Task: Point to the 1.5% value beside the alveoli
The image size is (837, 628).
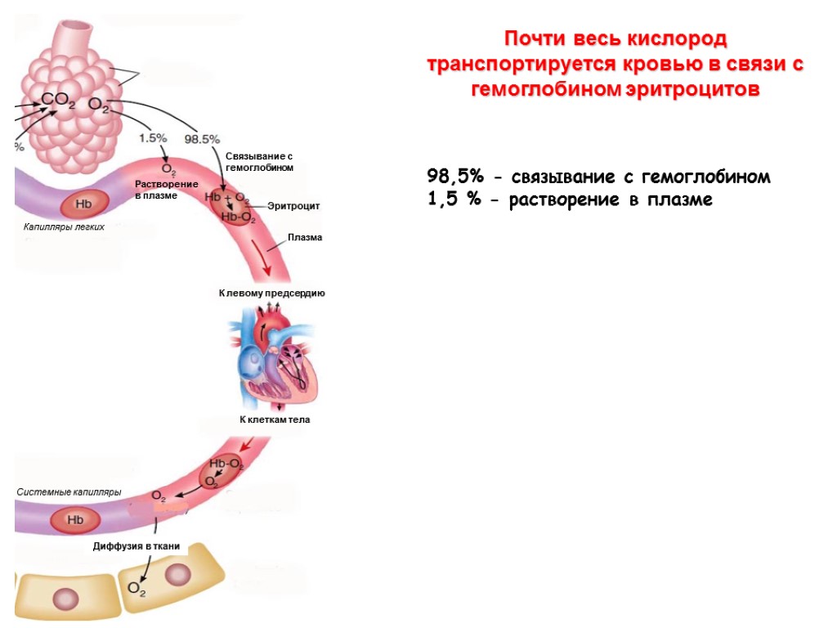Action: click(x=153, y=138)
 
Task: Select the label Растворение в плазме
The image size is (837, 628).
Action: click(x=166, y=190)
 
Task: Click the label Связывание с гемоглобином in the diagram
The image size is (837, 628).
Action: click(x=258, y=161)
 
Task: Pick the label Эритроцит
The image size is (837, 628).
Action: click(x=293, y=206)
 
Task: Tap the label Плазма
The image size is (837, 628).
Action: click(x=305, y=237)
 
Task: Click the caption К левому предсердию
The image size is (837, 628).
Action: click(x=272, y=293)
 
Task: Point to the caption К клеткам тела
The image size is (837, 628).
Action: click(x=275, y=419)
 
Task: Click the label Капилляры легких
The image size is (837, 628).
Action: click(x=63, y=227)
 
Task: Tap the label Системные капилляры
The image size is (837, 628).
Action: click(x=69, y=492)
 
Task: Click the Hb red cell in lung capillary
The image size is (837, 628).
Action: click(x=83, y=204)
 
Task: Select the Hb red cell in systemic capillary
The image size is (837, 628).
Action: click(x=75, y=519)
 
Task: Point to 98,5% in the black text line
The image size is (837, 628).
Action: click(x=454, y=177)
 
